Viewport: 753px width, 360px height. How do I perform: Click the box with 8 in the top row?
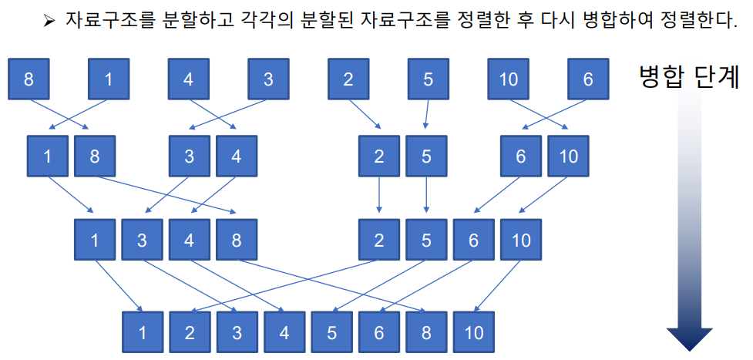pyautogui.click(x=29, y=79)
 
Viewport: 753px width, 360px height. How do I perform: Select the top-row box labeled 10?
pyautogui.click(x=509, y=79)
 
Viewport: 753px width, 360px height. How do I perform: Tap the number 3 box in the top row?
pyautogui.click(x=268, y=79)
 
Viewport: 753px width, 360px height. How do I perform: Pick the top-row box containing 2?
pyautogui.click(x=348, y=79)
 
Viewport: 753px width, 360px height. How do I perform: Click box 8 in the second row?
pyautogui.click(x=95, y=156)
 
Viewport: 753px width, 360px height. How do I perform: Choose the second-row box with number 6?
pyautogui.click(x=521, y=156)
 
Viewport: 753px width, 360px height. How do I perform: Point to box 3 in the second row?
pyautogui.click(x=190, y=156)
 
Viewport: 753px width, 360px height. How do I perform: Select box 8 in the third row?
pyautogui.click(x=237, y=240)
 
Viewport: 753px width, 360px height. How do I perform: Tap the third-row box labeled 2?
pyautogui.click(x=378, y=240)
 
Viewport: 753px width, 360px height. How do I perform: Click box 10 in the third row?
pyautogui.click(x=521, y=240)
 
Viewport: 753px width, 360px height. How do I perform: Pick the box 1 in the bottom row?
pyautogui.click(x=143, y=332)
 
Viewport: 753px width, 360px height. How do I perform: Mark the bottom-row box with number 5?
pyautogui.click(x=332, y=332)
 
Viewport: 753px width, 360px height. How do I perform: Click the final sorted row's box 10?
pyautogui.click(x=474, y=332)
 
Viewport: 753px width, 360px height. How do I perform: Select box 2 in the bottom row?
pyautogui.click(x=190, y=332)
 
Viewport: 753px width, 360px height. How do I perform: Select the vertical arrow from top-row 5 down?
pyautogui.click(x=427, y=115)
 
